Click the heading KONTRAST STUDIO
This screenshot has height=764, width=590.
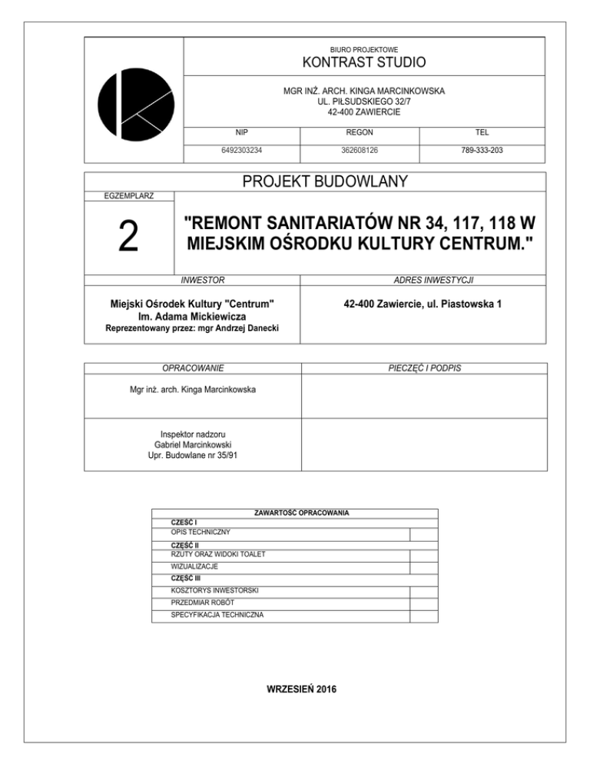tap(364, 62)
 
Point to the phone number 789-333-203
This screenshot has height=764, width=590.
tap(482, 151)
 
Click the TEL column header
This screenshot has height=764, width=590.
tap(482, 132)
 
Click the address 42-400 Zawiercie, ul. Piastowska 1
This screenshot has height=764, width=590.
tap(423, 304)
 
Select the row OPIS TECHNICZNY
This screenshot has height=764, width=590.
tap(201, 532)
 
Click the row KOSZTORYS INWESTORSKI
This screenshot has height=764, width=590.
tap(215, 591)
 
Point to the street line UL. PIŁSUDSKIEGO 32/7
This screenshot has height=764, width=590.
tap(364, 101)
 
